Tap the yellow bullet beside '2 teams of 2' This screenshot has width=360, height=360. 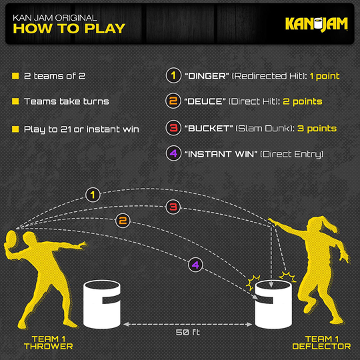click(15, 76)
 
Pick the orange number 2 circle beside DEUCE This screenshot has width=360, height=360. click(173, 102)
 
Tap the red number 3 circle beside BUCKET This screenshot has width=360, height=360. click(173, 128)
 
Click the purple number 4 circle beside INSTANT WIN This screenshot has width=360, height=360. click(173, 154)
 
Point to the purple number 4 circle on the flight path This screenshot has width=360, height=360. click(194, 265)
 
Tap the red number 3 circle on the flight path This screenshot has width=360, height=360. click(172, 207)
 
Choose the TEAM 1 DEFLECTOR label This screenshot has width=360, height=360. click(321, 342)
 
